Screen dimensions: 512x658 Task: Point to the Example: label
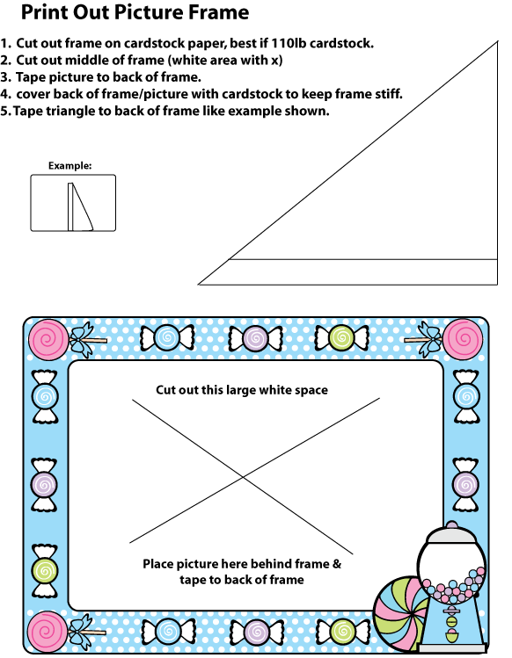click(69, 166)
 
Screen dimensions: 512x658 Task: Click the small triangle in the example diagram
click(81, 206)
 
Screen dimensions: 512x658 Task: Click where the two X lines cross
click(243, 477)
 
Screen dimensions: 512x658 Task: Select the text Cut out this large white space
click(242, 390)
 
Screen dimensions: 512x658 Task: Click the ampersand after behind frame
click(337, 564)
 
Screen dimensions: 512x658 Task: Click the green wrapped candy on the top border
click(342, 338)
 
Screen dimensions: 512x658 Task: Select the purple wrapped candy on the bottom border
click(256, 632)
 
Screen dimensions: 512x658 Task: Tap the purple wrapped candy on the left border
click(44, 485)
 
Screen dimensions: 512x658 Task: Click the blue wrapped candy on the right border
click(466, 396)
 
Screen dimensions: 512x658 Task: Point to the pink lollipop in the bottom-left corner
click(48, 631)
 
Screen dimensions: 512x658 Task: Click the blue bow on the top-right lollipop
click(428, 339)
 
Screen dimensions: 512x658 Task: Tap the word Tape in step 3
click(30, 77)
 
